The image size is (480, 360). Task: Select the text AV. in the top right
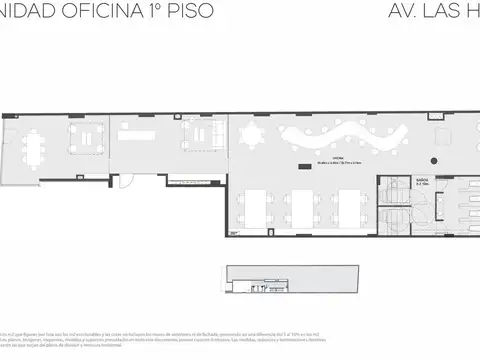point(400,13)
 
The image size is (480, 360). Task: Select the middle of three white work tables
point(303,207)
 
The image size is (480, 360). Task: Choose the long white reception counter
point(145,131)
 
